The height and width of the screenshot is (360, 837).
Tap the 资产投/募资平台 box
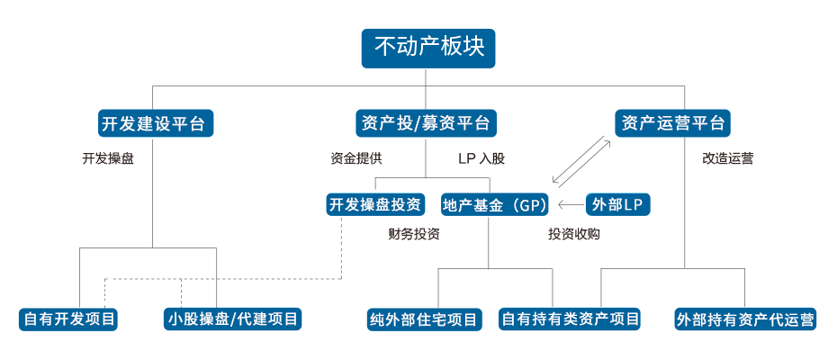[x=425, y=123]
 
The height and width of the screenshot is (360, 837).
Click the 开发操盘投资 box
[x=375, y=205]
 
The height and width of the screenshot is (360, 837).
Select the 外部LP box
[x=621, y=205]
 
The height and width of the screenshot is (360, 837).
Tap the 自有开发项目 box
[x=71, y=319]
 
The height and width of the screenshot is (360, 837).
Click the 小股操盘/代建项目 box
[x=232, y=319]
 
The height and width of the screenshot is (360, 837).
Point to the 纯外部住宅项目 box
[x=423, y=319]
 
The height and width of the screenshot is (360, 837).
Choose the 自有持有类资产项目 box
[x=571, y=319]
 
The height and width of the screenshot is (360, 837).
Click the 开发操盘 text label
[x=107, y=159]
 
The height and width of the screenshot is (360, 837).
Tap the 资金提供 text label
[x=355, y=158]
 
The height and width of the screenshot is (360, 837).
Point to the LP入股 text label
[x=481, y=158]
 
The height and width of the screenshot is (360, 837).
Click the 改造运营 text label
[x=727, y=159]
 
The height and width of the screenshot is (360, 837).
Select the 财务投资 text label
[x=413, y=235]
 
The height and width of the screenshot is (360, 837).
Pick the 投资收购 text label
[x=573, y=235]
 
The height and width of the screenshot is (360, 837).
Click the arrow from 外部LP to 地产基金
[x=571, y=205]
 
